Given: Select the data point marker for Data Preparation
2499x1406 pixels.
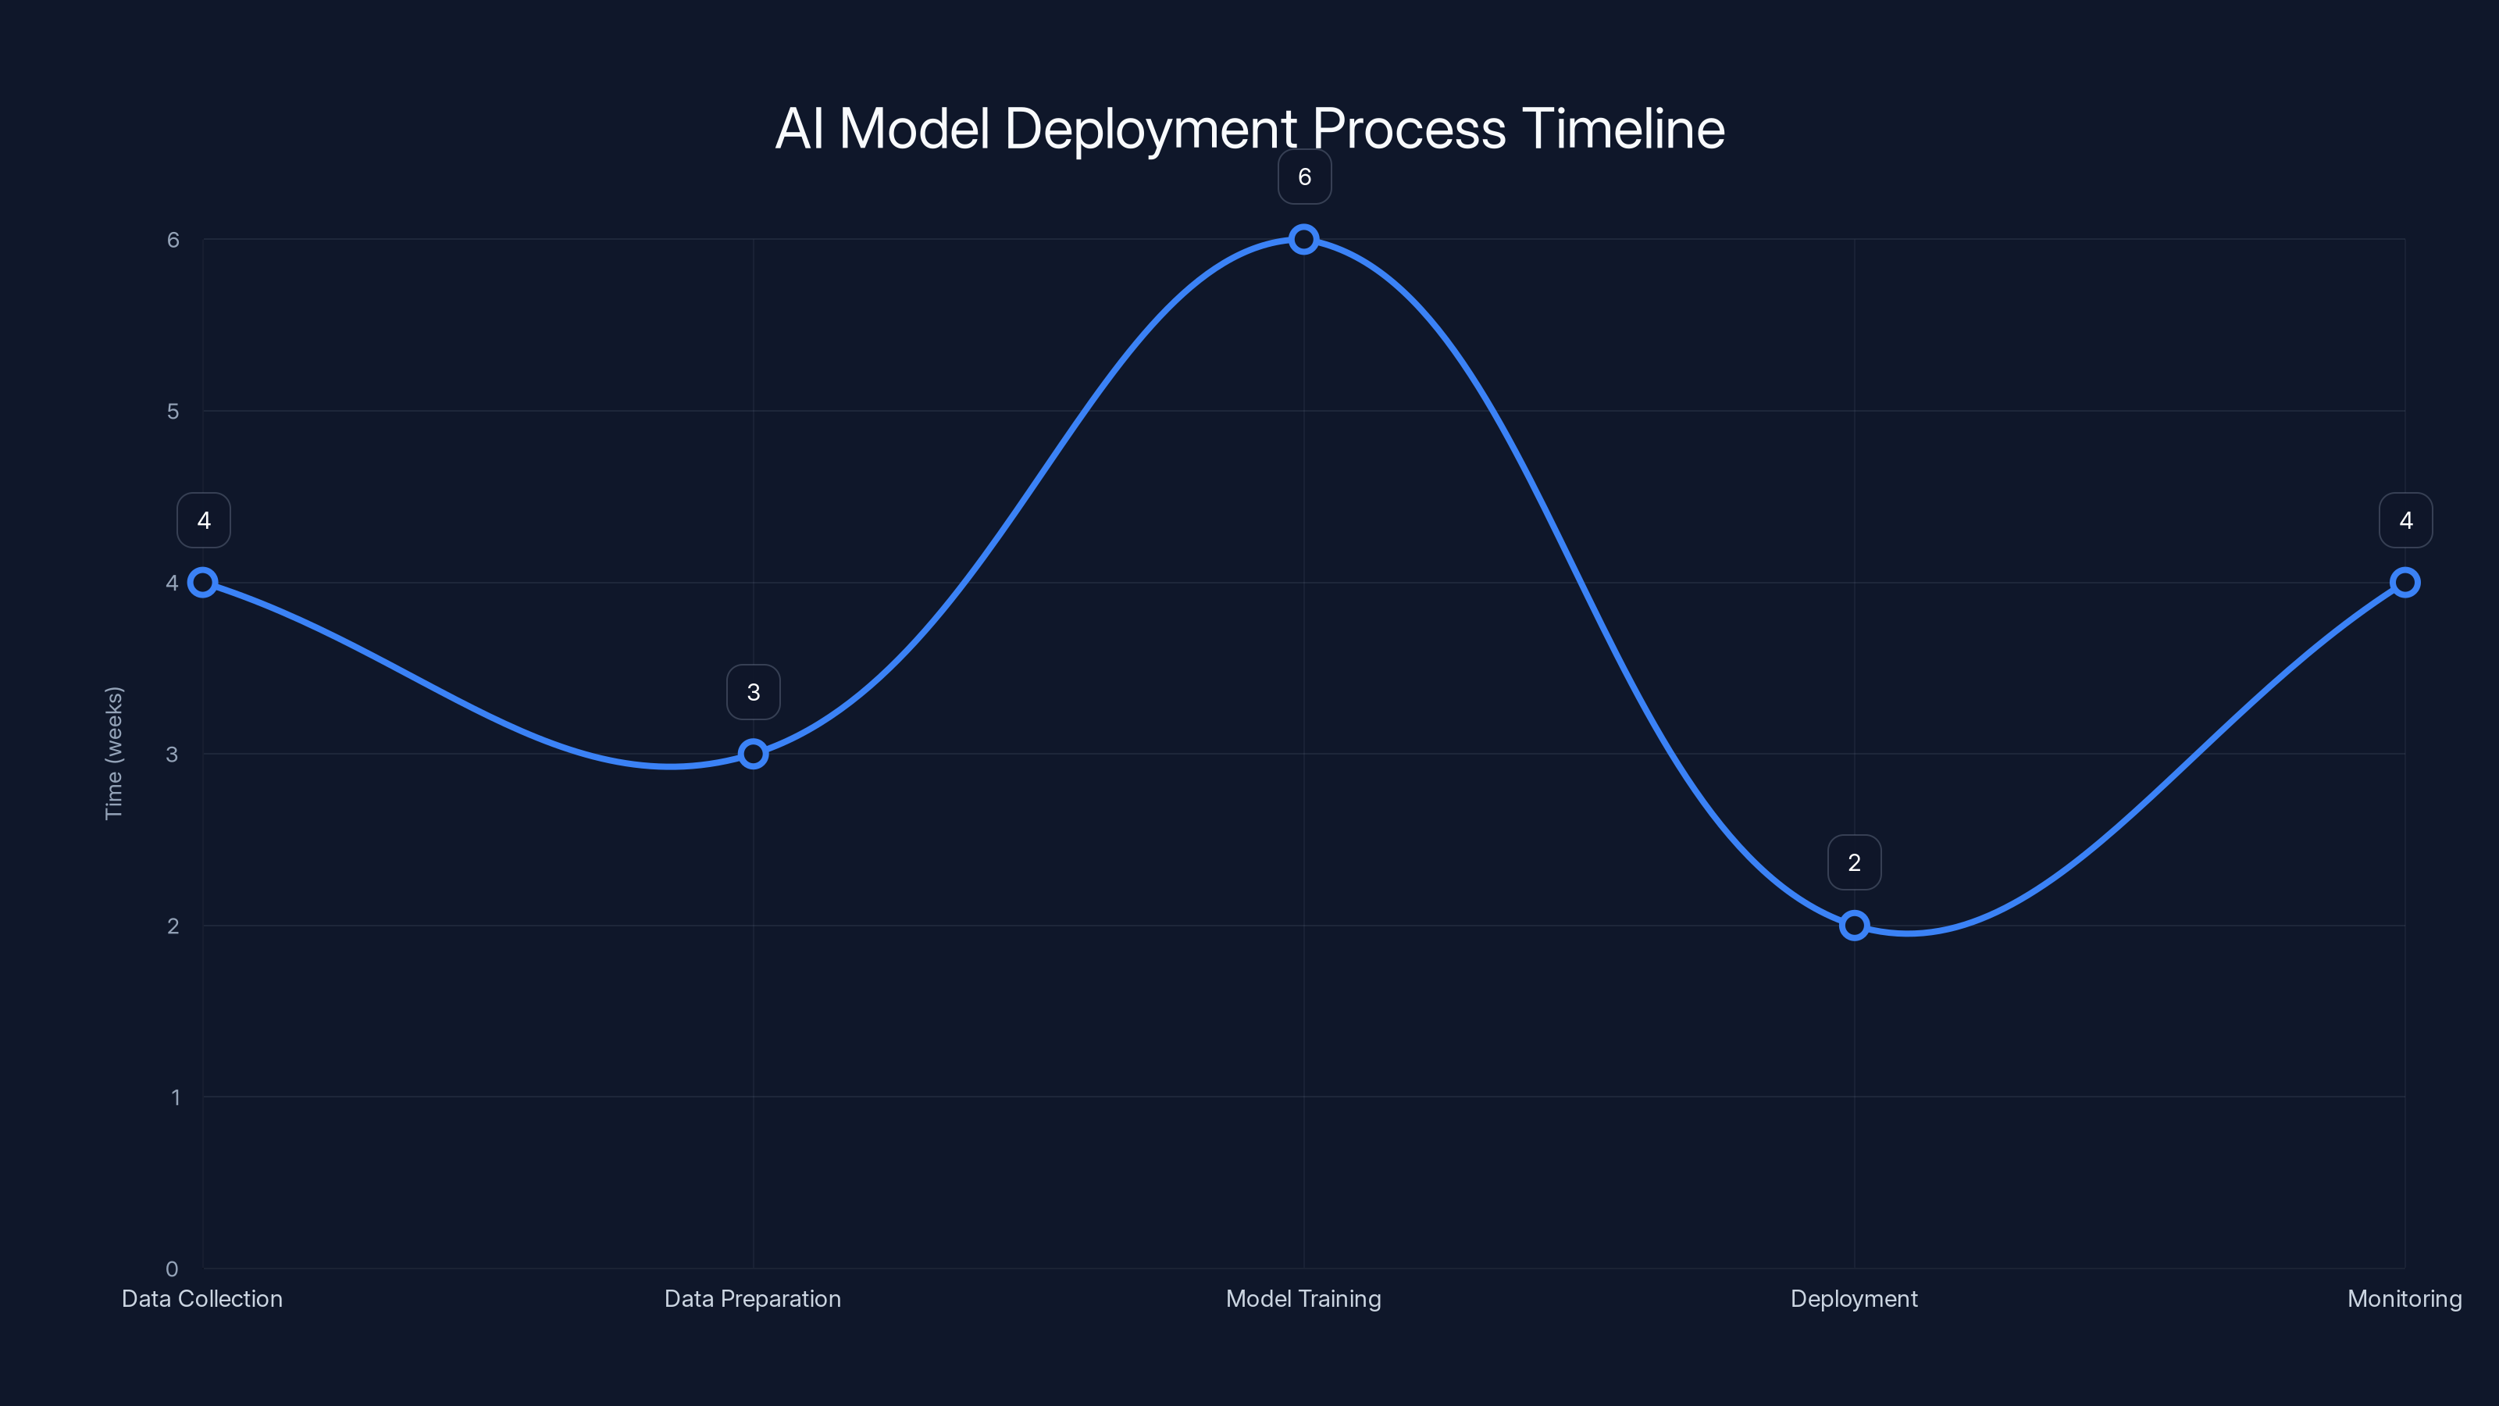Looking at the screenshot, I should pos(753,754).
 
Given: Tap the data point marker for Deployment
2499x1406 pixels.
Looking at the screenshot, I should pos(1854,925).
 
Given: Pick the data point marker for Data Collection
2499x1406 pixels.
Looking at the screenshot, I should pos(203,582).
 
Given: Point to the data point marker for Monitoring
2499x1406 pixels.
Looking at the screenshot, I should pos(2404,582).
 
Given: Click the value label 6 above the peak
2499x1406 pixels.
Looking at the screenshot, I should pos(1304,177).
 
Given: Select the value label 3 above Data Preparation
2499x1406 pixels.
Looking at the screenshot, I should pos(753,692).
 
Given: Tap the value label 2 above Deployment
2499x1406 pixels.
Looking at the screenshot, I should pos(1854,862).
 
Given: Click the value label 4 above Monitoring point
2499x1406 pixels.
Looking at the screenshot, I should pos(2405,520).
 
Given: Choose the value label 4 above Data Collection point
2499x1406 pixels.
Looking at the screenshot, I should pos(204,520).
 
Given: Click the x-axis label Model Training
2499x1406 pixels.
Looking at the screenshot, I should pos(1303,1298).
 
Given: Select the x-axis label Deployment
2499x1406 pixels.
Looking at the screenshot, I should pos(1854,1298).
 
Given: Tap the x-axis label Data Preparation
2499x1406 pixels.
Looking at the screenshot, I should pos(753,1298).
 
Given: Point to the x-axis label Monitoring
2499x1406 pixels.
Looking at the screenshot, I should pos(2404,1298).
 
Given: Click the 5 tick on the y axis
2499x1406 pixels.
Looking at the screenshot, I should pos(173,412).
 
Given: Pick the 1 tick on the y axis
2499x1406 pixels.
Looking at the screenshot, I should pos(176,1097).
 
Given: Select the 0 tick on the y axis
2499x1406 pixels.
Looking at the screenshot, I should pos(172,1269).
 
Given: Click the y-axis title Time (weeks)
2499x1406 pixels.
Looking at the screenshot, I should pos(113,753).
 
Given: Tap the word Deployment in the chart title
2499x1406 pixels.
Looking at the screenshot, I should pos(1150,130).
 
